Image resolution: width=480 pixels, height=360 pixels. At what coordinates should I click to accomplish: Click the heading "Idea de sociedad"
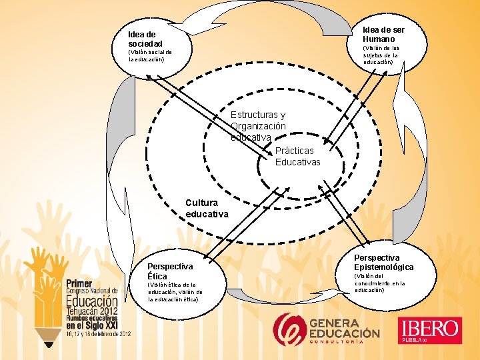click(145, 39)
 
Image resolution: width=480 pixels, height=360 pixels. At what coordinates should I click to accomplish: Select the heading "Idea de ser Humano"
click(383, 34)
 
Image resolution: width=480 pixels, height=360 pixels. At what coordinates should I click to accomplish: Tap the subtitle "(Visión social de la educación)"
click(150, 55)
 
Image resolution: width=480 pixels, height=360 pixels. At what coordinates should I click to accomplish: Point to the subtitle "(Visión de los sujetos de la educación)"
click(380, 55)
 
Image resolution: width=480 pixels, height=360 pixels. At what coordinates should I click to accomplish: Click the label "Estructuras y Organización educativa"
click(258, 126)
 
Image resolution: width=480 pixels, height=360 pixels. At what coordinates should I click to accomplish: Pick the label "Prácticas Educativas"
click(298, 157)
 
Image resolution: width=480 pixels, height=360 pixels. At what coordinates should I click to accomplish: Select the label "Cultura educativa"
click(207, 208)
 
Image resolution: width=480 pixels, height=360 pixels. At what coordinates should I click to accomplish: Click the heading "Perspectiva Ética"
click(170, 271)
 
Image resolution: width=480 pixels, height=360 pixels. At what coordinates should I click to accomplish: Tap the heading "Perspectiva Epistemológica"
click(383, 262)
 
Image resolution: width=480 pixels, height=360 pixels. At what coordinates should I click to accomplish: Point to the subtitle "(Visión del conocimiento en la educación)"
click(379, 283)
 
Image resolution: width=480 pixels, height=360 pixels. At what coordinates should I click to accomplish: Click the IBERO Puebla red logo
click(430, 331)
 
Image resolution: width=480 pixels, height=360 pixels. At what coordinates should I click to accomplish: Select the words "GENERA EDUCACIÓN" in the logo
click(344, 327)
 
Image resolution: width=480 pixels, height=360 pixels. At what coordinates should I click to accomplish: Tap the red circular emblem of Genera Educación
click(289, 329)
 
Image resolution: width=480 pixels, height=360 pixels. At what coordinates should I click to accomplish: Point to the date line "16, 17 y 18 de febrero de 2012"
click(97, 333)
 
